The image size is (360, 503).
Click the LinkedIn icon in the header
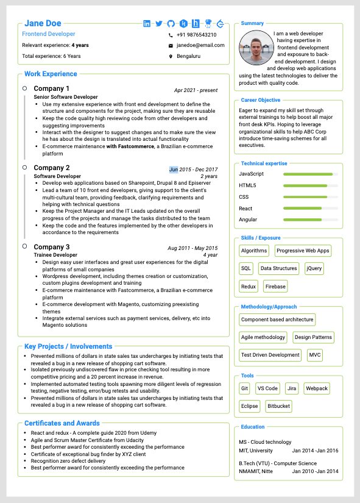tap(147, 24)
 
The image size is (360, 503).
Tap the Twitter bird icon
tap(159, 24)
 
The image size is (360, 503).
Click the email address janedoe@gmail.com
tap(200, 45)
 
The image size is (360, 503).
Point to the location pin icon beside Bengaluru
tap(171, 56)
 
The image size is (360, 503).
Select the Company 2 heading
tap(52, 168)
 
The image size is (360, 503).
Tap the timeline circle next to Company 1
tap(24, 88)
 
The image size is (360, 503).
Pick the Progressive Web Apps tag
tap(303, 251)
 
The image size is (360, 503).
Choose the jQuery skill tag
tap(314, 268)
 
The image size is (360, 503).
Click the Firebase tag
tap(275, 286)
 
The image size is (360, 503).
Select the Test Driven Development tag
tap(270, 354)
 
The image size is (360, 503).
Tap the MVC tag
tap(314, 354)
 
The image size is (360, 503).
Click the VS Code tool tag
tap(267, 388)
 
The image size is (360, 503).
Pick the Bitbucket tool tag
tap(278, 405)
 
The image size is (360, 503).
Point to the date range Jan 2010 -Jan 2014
tap(315, 471)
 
